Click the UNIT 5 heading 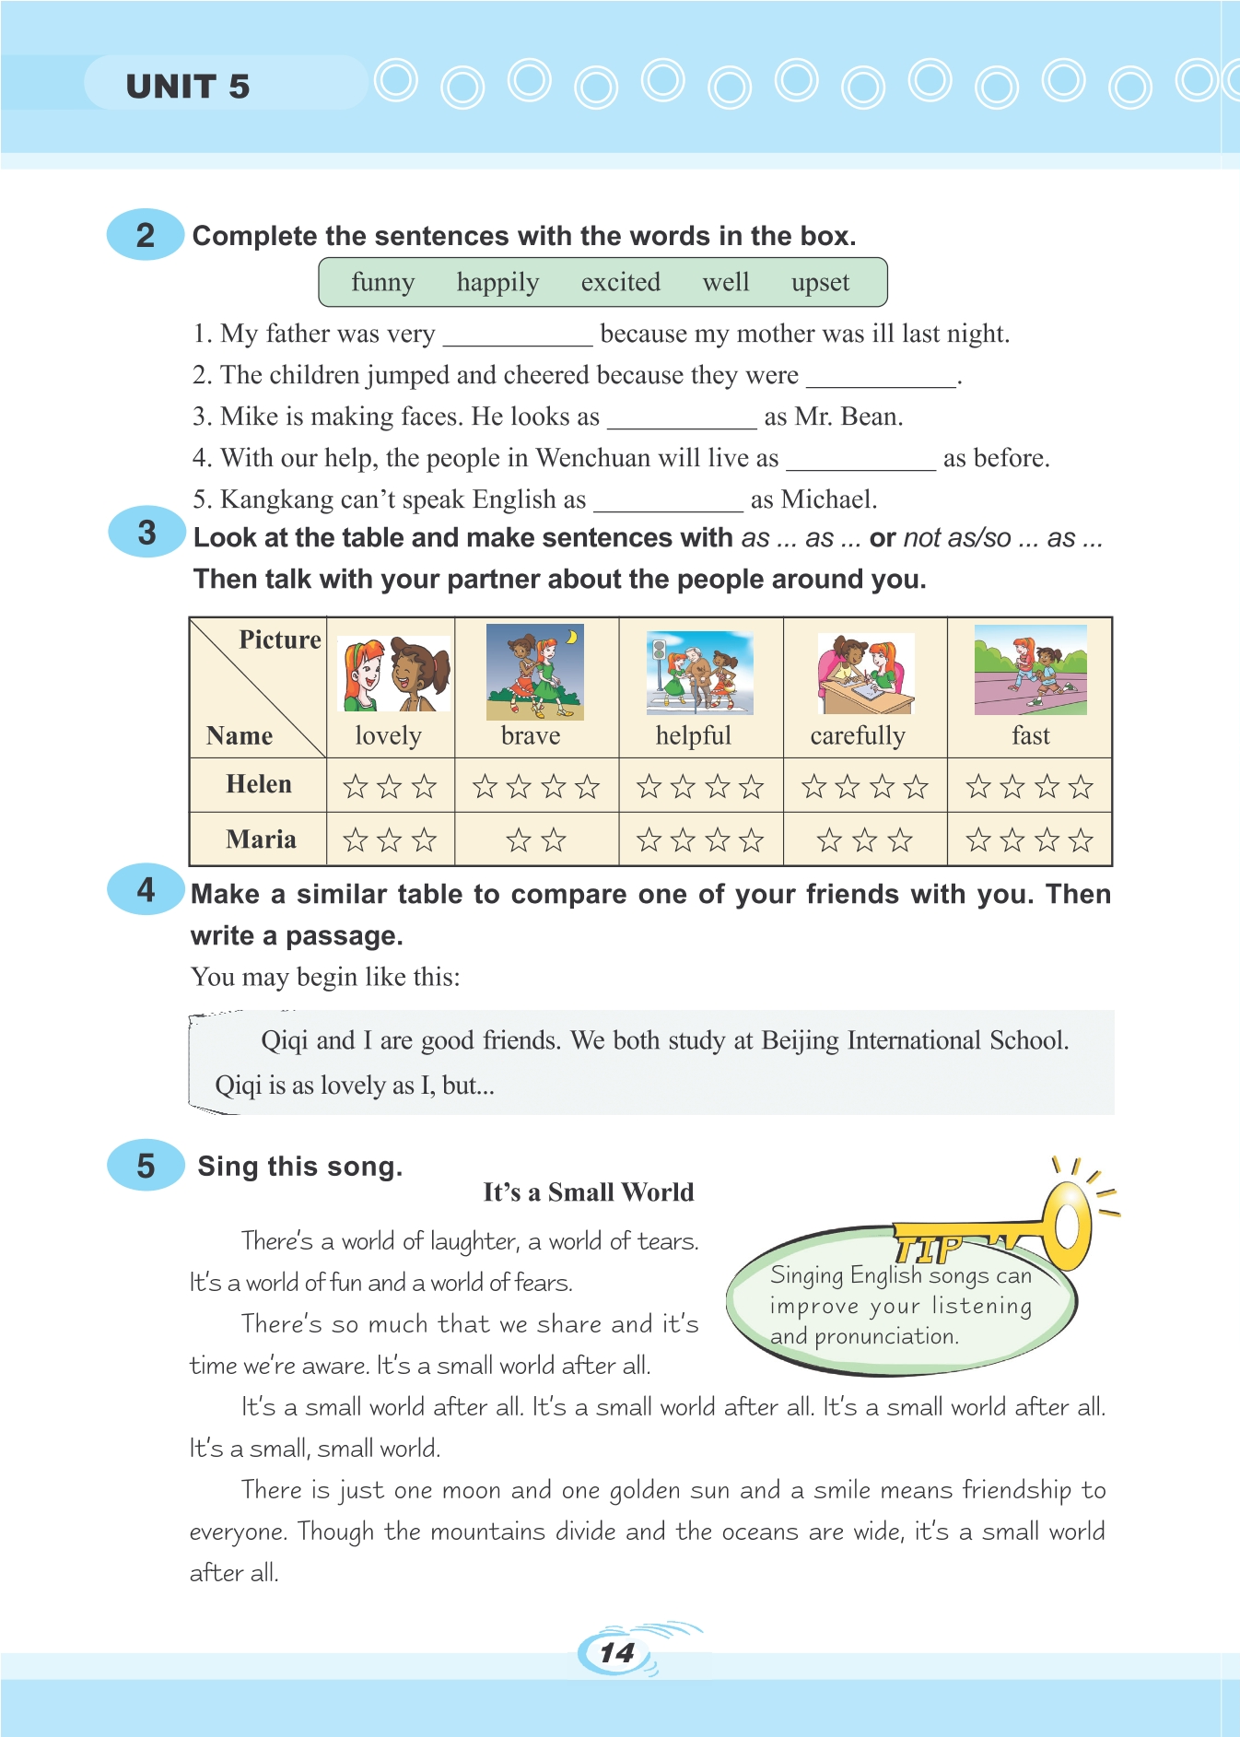[188, 87]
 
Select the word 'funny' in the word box [382, 282]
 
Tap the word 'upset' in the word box [820, 282]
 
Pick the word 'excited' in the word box [620, 282]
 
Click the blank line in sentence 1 [517, 337]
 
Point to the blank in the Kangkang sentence [668, 503]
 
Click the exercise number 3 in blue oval [146, 533]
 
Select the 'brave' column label [531, 735]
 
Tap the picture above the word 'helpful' [700, 673]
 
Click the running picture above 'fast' [1030, 670]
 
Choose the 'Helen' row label [259, 784]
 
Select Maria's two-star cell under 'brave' [536, 839]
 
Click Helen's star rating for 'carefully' [864, 786]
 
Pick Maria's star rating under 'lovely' [390, 839]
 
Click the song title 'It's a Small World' [589, 1192]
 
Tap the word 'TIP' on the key [928, 1250]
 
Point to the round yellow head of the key [1067, 1225]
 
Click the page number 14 [616, 1653]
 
